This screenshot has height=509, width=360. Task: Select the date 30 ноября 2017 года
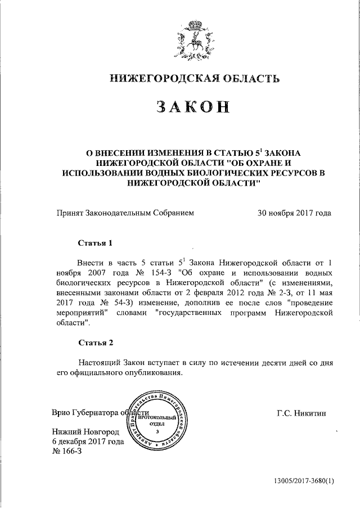click(x=294, y=213)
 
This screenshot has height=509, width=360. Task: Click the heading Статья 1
click(x=95, y=243)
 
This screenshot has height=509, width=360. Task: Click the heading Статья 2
click(x=95, y=343)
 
